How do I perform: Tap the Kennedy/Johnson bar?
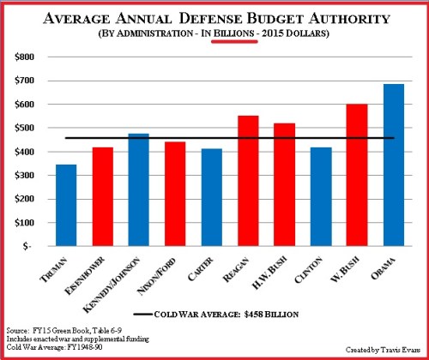(x=140, y=189)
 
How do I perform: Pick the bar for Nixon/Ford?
(x=176, y=194)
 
